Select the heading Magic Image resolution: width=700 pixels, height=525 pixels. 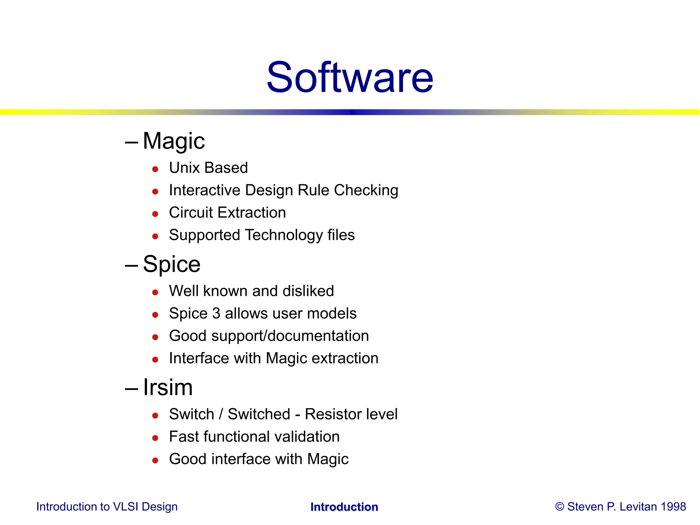point(174,141)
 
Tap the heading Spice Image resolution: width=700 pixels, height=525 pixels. point(172,264)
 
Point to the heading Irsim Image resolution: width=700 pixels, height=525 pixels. point(168,387)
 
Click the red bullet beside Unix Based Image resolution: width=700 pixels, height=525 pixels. point(155,169)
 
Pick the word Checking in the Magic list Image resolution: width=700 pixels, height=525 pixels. point(366,190)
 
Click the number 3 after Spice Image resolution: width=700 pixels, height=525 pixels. point(216,313)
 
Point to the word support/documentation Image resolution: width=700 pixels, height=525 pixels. point(290,336)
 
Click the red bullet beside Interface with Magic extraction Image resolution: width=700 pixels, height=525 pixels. point(155,360)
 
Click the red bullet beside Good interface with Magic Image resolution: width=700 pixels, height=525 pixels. point(155,460)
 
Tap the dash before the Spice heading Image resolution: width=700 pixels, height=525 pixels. point(132,265)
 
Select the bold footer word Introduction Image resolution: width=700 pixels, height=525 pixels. point(344,507)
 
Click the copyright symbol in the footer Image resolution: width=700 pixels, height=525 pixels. point(560,507)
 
